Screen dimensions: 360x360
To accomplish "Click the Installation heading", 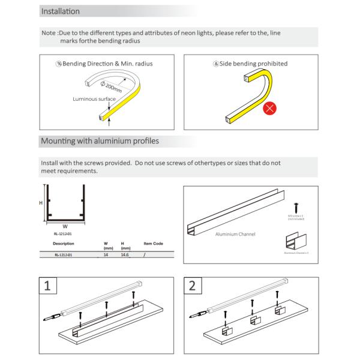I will [x=60, y=11].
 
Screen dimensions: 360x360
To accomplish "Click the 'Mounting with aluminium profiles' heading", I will [x=99, y=142].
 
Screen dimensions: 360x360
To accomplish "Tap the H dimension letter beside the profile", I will [x=41, y=203].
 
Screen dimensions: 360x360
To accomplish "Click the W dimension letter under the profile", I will [x=64, y=226].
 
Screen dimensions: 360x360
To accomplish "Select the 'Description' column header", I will [x=64, y=244].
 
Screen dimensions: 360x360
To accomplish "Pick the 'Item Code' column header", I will [x=153, y=244].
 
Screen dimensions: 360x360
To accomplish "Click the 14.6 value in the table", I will [x=125, y=255].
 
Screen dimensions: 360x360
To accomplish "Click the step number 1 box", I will [x=48, y=286].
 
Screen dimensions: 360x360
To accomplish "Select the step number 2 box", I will [x=192, y=286].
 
